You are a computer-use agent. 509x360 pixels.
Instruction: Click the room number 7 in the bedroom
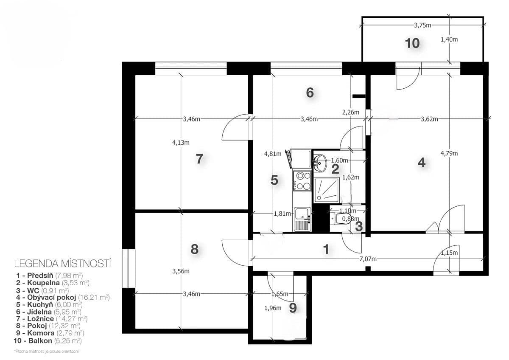tap(199, 159)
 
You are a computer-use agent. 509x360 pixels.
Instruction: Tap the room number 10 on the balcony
tap(412, 43)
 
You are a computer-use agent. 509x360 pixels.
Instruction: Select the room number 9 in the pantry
tap(293, 308)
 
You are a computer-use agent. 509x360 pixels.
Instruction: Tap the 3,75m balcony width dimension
tap(422, 25)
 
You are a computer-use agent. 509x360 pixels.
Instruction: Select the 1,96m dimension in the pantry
tap(273, 309)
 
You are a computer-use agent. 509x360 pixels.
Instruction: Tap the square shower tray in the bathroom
tap(327, 190)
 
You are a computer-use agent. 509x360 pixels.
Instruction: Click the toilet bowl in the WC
tap(343, 219)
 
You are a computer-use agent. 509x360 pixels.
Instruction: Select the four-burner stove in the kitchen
tap(303, 180)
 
